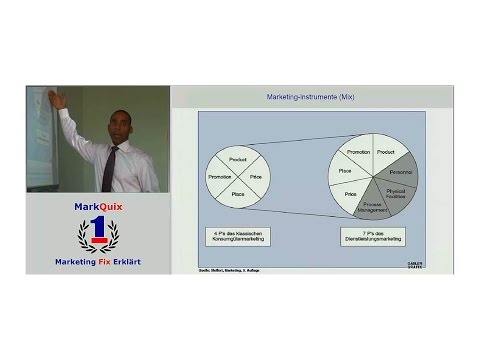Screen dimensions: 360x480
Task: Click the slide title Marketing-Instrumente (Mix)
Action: point(310,97)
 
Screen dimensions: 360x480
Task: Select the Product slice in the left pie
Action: point(237,159)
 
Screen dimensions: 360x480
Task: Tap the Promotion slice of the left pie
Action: point(220,176)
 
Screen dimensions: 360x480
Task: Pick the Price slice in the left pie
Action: point(256,176)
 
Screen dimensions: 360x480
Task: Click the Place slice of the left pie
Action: point(238,193)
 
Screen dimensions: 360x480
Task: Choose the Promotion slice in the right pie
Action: point(358,153)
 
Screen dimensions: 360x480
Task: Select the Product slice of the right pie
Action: point(385,153)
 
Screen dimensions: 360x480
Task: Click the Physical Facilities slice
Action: point(396,191)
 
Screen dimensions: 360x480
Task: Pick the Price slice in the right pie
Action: point(351,194)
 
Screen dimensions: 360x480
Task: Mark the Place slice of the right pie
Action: point(345,171)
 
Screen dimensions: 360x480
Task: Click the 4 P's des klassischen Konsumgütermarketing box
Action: point(238,237)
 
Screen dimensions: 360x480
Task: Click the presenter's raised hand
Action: point(58,100)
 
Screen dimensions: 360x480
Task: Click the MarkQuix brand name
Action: point(98,207)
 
